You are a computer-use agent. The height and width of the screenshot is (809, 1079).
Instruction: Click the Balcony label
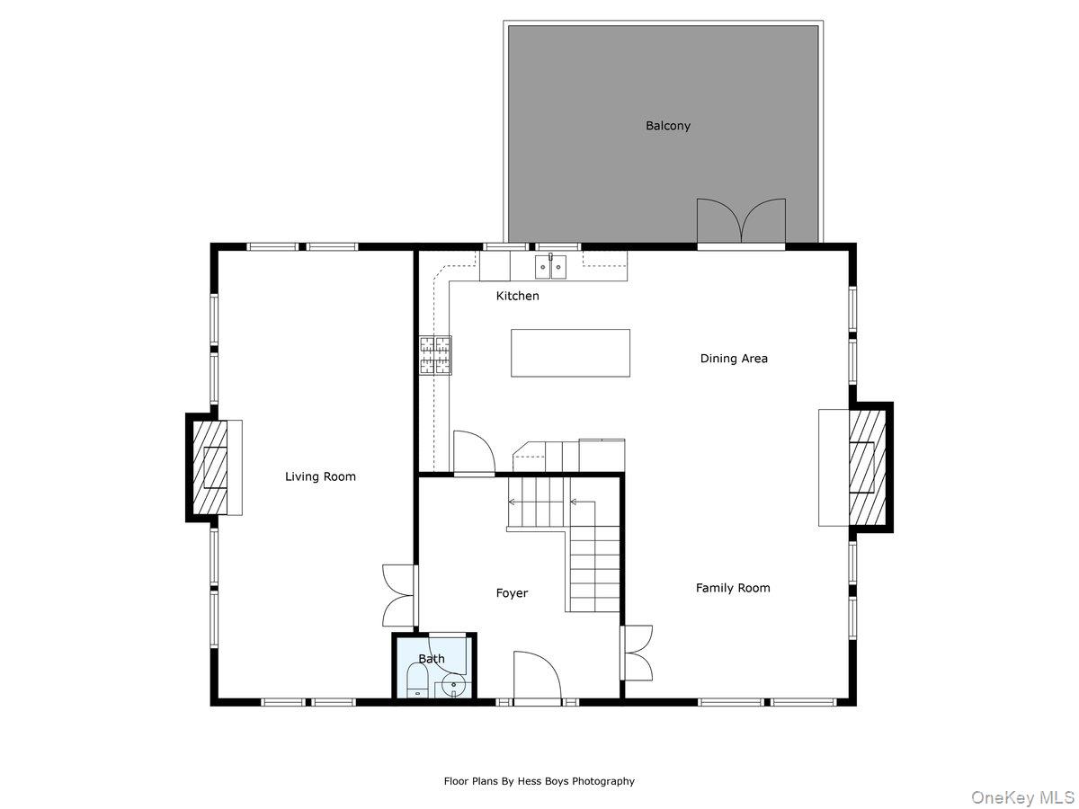coord(668,126)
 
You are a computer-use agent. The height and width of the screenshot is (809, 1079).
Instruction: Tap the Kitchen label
coord(518,296)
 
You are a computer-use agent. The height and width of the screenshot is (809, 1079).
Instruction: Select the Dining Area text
coord(734,359)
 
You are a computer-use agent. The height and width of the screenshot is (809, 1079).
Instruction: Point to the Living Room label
coord(320,476)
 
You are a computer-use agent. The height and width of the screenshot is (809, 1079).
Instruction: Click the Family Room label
coord(733,588)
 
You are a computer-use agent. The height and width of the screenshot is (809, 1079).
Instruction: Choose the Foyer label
coord(512,593)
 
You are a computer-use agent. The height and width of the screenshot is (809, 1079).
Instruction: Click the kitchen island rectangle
coord(570,352)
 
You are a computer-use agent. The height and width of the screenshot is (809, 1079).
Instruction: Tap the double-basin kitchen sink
coord(551,266)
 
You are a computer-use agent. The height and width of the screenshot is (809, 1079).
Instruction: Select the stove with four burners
coord(435,355)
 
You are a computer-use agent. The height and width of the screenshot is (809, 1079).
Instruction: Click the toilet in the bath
coord(417,680)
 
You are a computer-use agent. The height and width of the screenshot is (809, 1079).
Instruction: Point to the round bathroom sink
coord(455,686)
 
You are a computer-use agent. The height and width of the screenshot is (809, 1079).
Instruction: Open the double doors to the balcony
coord(741,222)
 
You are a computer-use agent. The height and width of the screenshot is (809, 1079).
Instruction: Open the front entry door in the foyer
coord(537,678)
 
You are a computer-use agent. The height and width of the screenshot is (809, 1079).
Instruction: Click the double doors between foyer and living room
coord(399,595)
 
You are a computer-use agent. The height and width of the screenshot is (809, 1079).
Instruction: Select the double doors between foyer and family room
coord(637,653)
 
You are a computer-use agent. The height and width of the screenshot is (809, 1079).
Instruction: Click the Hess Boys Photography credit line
coord(539,781)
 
